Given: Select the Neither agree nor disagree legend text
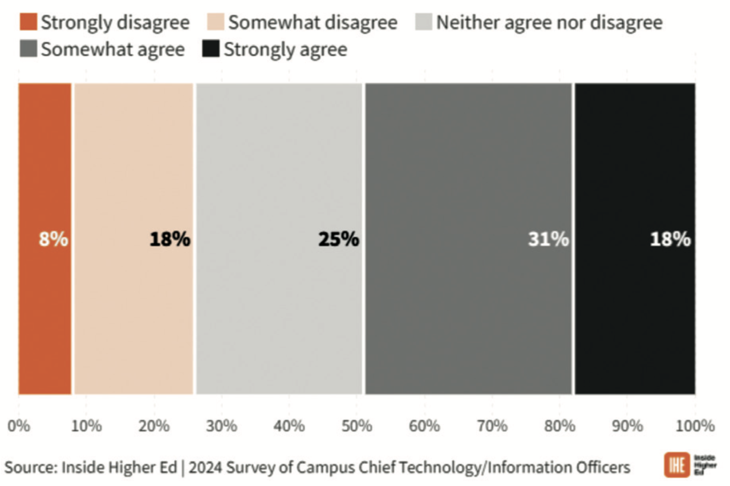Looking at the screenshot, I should (549, 23).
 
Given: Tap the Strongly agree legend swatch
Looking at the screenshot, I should (210, 49).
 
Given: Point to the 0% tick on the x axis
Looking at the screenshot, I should (19, 426).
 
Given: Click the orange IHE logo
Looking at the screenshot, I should (675, 465).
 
